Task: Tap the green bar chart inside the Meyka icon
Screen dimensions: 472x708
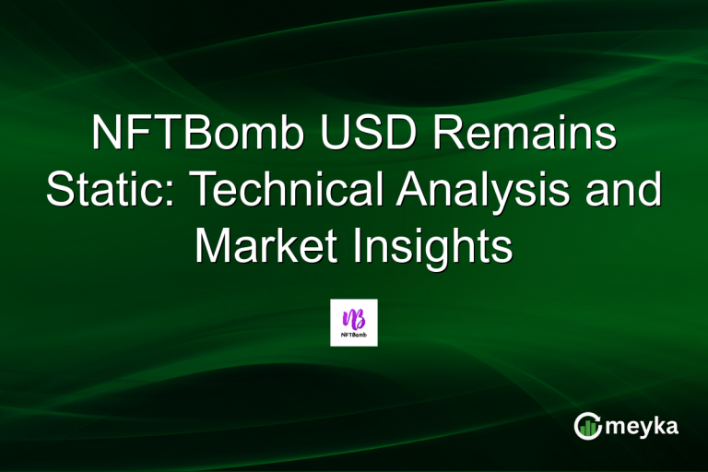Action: (x=586, y=427)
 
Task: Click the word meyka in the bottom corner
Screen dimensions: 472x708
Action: (x=643, y=426)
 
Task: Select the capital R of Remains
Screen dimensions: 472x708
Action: (x=449, y=136)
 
